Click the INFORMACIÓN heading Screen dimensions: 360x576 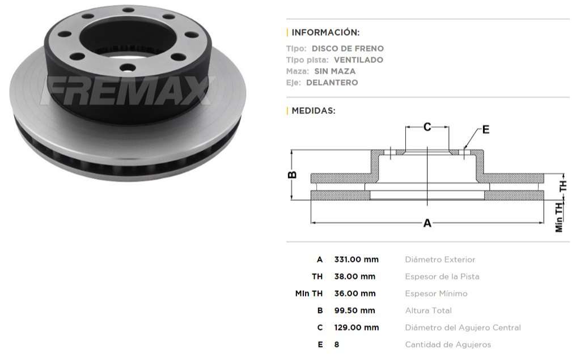pos(325,32)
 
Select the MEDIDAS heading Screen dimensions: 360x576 pos(313,111)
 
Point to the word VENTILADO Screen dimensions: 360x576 pos(358,60)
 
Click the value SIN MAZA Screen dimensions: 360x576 pos(335,71)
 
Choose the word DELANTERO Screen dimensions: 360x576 pos(332,83)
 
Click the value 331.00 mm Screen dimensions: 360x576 pos(356,260)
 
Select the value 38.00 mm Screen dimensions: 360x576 pos(354,277)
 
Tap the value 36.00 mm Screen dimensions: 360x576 pos(354,294)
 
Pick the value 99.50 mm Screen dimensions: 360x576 pos(354,311)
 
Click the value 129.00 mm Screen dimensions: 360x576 pos(356,328)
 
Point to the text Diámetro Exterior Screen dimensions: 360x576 pos(440,260)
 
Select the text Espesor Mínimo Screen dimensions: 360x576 pos(436,294)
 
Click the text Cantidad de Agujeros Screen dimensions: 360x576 pos(448,345)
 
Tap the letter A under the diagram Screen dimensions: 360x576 pos(427,223)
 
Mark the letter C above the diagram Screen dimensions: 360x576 pos(427,127)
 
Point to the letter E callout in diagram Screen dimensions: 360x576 pos(486,130)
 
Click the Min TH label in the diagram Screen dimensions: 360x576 pos(560,217)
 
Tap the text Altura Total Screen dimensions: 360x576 pos(428,311)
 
